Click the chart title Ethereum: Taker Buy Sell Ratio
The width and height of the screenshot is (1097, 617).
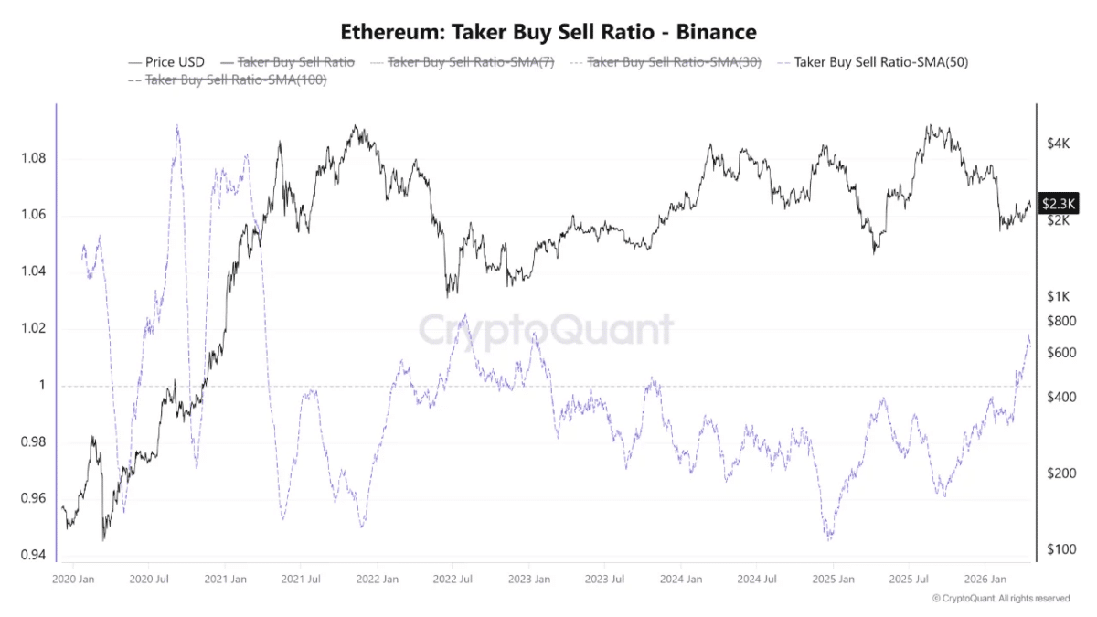(x=548, y=32)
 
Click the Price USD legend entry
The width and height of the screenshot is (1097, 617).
(x=174, y=62)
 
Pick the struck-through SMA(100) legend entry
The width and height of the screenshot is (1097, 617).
(x=236, y=80)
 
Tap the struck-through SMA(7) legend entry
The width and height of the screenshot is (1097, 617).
(x=471, y=62)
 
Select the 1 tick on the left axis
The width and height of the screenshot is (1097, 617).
(x=41, y=386)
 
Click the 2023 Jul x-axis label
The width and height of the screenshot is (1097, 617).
(x=604, y=580)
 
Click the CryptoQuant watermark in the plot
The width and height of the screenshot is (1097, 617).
(x=546, y=330)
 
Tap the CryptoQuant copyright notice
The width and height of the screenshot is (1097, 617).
(x=1000, y=599)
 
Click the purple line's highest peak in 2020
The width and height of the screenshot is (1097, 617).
(x=176, y=127)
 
